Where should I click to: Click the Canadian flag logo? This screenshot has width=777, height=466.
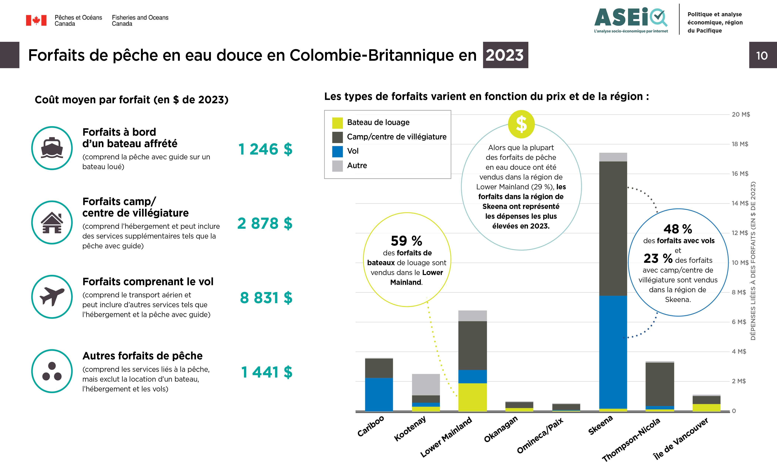[x=36, y=20]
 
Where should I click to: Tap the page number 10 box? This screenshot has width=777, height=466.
[x=762, y=55]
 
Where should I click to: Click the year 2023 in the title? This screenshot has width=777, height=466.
[x=505, y=55]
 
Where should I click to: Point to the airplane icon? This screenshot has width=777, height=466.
[x=52, y=296]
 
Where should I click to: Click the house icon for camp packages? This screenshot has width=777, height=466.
[x=52, y=222]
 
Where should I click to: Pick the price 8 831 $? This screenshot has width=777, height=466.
[x=266, y=298]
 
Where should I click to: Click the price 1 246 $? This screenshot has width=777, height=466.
[x=265, y=149]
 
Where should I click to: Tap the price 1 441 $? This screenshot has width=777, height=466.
[x=266, y=372]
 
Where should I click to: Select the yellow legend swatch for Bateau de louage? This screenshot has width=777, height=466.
[x=337, y=123]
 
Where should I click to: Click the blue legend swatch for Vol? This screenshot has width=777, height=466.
[x=337, y=151]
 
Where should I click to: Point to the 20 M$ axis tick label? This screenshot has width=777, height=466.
[x=741, y=115]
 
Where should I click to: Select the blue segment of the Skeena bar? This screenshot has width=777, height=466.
[x=613, y=352]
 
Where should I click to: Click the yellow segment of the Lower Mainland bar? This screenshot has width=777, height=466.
[x=472, y=397]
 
